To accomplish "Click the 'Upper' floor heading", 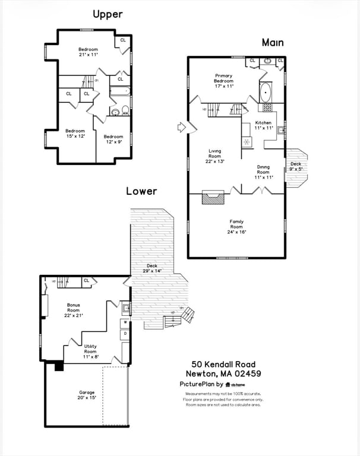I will (108, 14).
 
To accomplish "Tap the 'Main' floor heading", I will (273, 42).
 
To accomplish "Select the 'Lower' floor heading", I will (141, 191).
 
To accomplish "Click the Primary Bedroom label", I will (224, 81).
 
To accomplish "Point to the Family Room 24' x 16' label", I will (236, 226).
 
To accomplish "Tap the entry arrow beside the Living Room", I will (182, 126).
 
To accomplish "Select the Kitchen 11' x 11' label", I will (263, 125).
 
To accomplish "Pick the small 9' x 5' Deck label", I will (296, 166).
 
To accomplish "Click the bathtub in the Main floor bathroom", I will (266, 93).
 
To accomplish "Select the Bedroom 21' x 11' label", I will (88, 52).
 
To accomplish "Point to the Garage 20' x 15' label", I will (87, 395).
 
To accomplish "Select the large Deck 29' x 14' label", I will (152, 268).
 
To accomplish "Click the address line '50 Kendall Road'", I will (223, 364).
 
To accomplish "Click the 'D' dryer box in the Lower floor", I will (125, 335).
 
